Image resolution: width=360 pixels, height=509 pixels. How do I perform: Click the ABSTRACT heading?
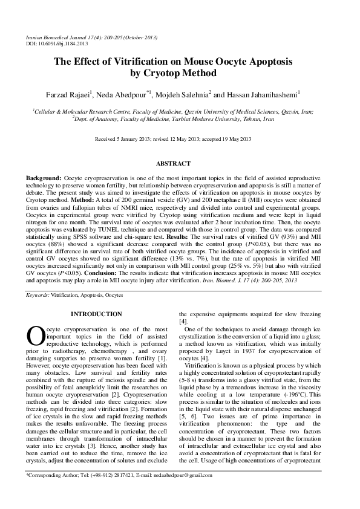click(x=173, y=164)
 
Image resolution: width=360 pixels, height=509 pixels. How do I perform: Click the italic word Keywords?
click(x=37, y=295)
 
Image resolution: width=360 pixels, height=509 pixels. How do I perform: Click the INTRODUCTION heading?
click(x=96, y=314)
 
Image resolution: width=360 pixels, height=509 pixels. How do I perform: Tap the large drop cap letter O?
click(x=34, y=336)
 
